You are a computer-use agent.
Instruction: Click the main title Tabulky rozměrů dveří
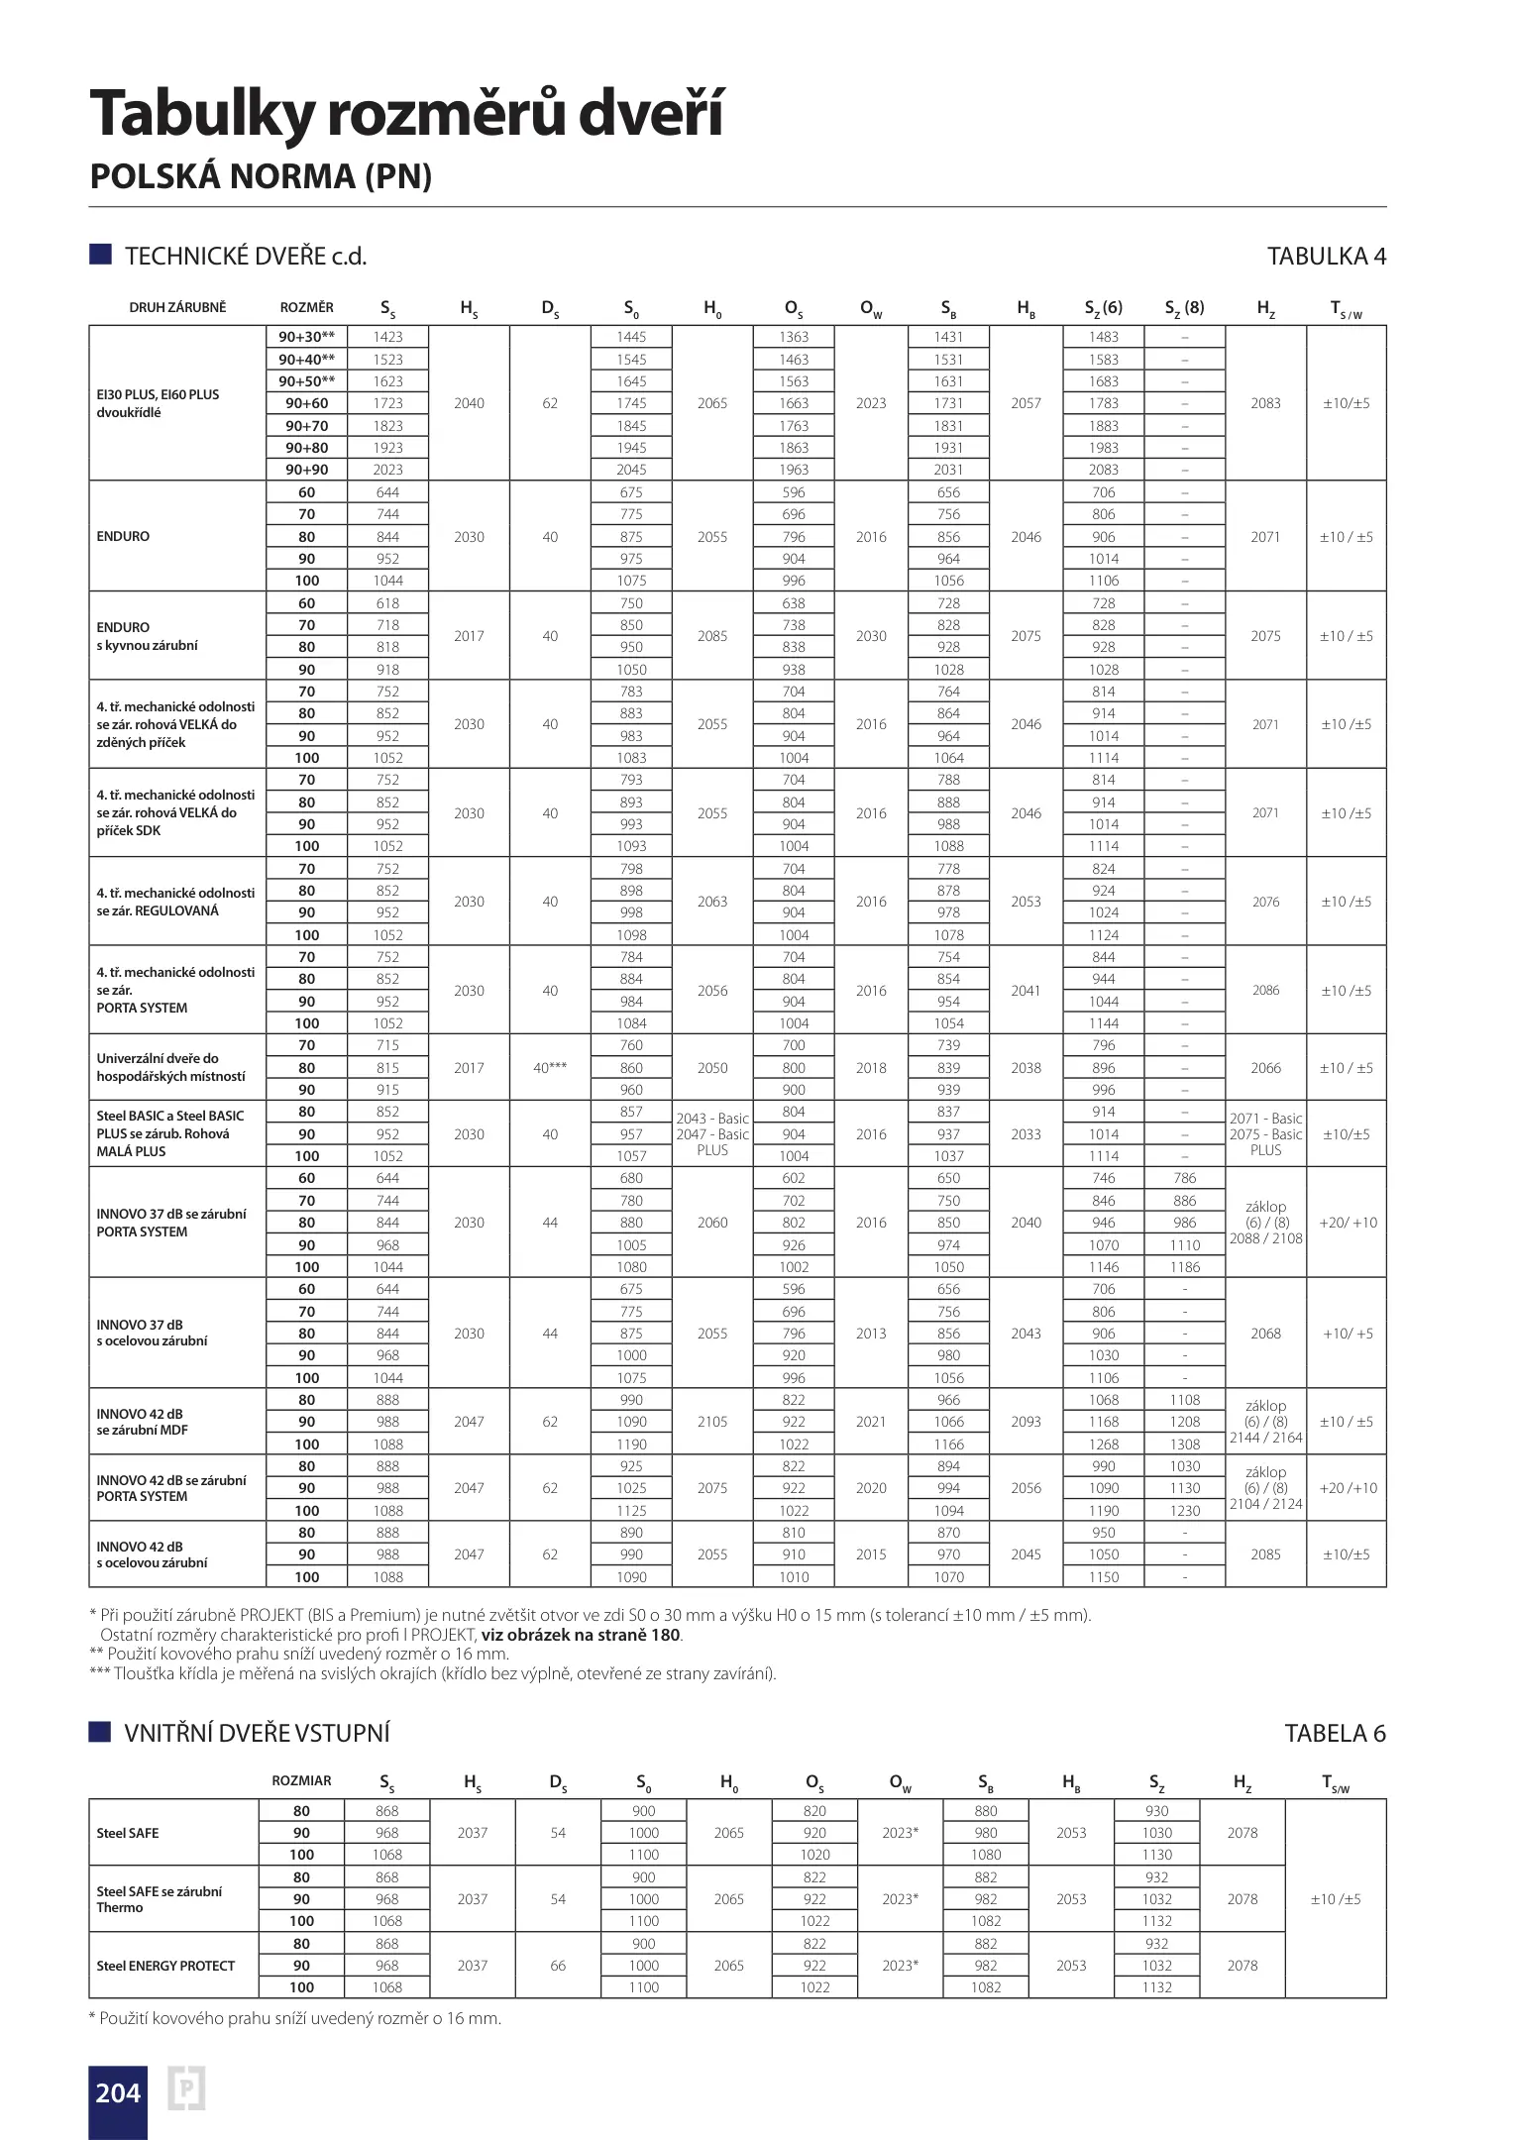tap(406, 114)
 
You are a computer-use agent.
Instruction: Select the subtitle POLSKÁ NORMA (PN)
tap(261, 176)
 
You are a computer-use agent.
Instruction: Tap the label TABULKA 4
tap(1326, 257)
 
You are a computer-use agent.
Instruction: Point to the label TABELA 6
tap(1335, 1733)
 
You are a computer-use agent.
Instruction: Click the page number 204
tap(118, 2092)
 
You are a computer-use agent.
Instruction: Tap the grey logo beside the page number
tap(186, 2090)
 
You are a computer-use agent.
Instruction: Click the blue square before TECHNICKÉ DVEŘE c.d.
tap(100, 255)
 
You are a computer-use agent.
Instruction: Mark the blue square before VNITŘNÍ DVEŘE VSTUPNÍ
tap(99, 1732)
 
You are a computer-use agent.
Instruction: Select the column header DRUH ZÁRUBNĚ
tap(177, 308)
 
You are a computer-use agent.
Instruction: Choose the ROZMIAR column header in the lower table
tap(301, 1780)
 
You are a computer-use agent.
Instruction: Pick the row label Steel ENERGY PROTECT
tap(165, 1966)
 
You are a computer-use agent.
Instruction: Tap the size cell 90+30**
tap(306, 337)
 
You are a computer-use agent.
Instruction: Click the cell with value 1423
tap(387, 337)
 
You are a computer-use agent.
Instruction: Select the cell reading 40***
tap(550, 1068)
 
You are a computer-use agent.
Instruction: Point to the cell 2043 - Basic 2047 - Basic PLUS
tap(712, 1134)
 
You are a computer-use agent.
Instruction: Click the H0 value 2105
tap(712, 1422)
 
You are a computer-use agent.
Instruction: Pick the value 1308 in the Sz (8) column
tap(1184, 1444)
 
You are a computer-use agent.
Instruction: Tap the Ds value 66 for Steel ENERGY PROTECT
tap(558, 1966)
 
